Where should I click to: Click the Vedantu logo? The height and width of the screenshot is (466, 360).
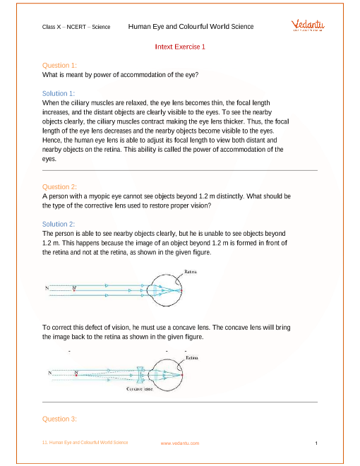tap(308, 25)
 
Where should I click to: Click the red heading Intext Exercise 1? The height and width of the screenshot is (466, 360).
tap(180, 47)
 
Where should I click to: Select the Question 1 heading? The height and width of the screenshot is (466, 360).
tap(59, 66)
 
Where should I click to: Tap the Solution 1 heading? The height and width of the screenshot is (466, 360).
tap(59, 94)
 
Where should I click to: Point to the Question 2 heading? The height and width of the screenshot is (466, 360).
tap(59, 187)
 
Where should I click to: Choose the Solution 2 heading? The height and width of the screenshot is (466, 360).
tap(59, 224)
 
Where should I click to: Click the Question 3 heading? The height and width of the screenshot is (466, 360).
tap(59, 419)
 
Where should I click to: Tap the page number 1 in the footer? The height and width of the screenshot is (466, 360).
tap(316, 443)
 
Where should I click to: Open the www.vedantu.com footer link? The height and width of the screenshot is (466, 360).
tap(180, 443)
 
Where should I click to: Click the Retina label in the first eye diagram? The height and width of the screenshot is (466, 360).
tap(191, 272)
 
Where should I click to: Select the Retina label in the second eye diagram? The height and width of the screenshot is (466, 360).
tap(192, 358)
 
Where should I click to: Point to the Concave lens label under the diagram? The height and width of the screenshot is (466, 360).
tap(140, 389)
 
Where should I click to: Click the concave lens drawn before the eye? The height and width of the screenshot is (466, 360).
tap(140, 375)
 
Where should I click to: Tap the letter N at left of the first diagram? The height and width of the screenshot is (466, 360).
tap(47, 287)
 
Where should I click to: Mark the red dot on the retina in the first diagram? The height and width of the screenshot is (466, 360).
tap(181, 290)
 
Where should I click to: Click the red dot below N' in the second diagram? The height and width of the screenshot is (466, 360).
tap(76, 376)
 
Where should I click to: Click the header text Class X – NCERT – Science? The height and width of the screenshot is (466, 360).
tap(76, 27)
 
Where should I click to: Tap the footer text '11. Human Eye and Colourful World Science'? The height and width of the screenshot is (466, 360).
tap(85, 443)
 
